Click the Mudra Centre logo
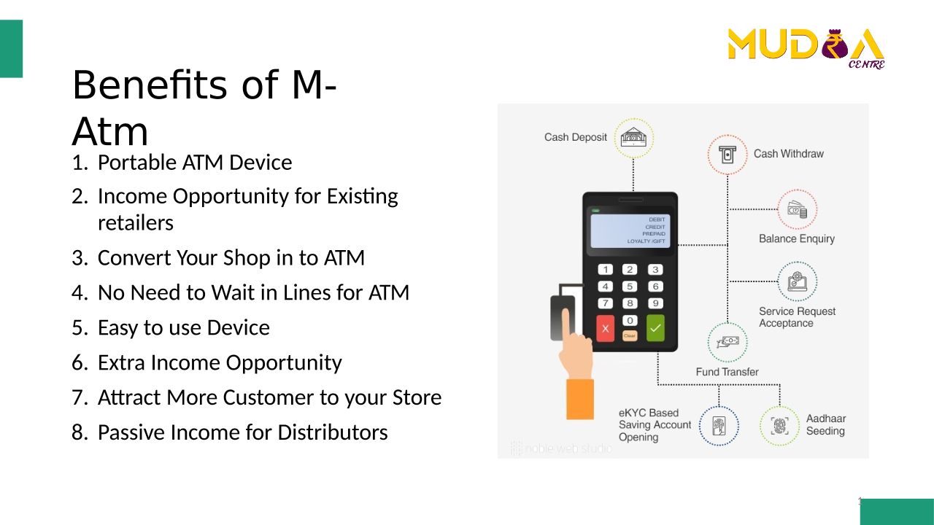point(806,48)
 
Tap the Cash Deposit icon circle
point(633,138)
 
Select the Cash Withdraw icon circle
point(727,155)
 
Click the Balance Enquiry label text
point(796,238)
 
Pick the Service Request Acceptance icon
point(798,281)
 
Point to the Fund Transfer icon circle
point(727,342)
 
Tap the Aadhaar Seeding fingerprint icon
point(779,426)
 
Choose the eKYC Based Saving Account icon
point(719,426)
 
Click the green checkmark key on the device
point(655,328)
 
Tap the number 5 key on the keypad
point(630,287)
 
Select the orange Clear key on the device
point(630,336)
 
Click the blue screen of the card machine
point(630,231)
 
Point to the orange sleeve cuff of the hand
point(580,399)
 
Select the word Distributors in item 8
point(333,432)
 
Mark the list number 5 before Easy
point(80,327)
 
